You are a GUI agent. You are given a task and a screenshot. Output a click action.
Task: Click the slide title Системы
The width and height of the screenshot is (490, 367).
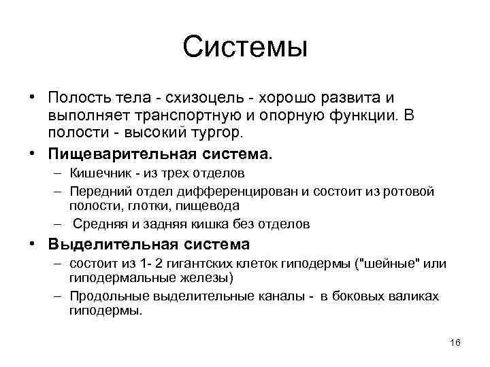pos(245,48)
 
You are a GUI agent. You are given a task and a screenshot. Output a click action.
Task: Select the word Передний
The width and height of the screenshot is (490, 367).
pos(97,192)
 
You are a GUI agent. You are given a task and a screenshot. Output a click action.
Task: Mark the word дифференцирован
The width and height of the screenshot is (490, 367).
pos(218,192)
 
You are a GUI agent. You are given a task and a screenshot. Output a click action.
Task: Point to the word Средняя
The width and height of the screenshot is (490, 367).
pos(98,224)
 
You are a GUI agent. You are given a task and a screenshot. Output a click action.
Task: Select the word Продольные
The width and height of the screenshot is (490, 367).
pos(104,296)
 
